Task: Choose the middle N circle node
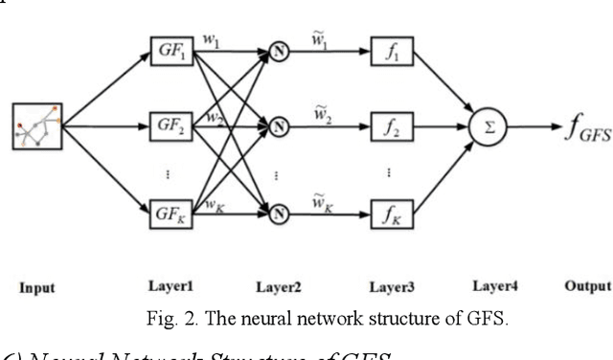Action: coord(278,125)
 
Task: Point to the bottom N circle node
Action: coord(278,214)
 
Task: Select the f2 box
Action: coord(388,125)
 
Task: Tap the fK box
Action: coord(388,214)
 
